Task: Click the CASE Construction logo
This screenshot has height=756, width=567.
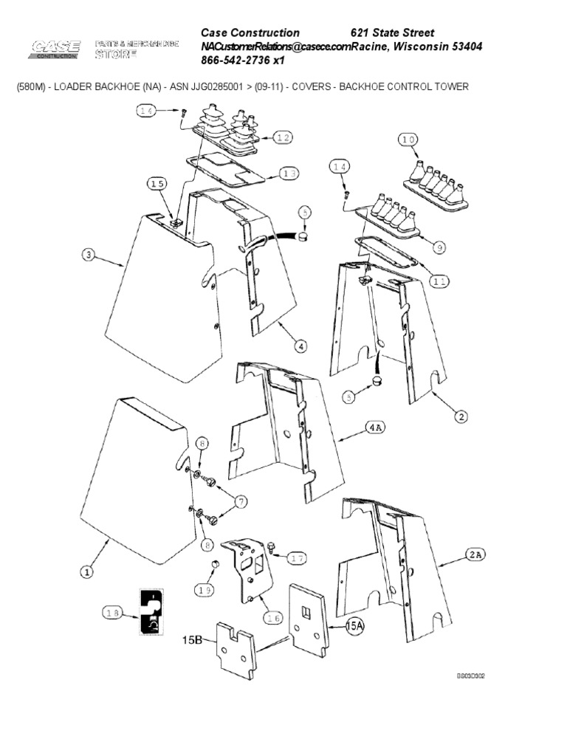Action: point(55,49)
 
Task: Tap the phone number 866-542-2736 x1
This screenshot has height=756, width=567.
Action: point(243,61)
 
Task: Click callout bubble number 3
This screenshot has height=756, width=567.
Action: point(88,255)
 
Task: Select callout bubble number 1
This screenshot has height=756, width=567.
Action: point(86,571)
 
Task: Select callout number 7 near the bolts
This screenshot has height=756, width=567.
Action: point(241,502)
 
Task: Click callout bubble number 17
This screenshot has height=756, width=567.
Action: point(296,558)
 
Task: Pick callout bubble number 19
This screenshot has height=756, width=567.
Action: point(205,589)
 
